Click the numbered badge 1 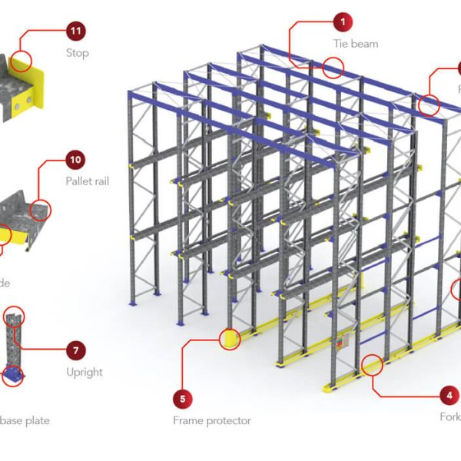(x=343, y=22)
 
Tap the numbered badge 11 (x=75, y=32)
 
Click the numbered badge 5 (x=182, y=399)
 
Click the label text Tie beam (x=355, y=44)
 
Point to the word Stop (x=77, y=53)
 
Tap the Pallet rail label (x=85, y=181)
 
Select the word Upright (x=85, y=372)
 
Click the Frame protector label (x=211, y=420)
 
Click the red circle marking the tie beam (x=333, y=68)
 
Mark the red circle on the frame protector (x=230, y=340)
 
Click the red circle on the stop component (x=23, y=60)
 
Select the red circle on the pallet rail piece (x=41, y=208)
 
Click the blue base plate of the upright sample (x=13, y=374)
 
